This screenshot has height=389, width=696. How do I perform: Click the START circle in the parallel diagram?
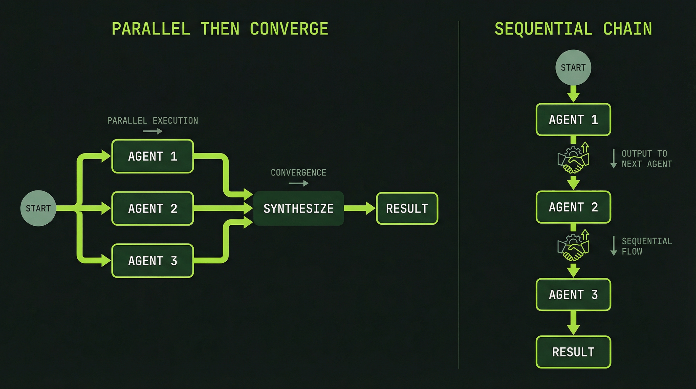38,208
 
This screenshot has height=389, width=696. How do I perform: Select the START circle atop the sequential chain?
573,67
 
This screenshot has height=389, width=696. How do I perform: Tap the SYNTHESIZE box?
298,208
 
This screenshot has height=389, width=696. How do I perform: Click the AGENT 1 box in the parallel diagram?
153,156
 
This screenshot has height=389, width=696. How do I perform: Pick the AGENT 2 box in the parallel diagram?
153,208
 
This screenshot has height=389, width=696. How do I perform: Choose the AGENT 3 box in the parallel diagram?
153,261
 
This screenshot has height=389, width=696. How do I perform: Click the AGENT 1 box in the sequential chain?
573,119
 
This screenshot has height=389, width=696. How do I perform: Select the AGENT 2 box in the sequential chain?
573,207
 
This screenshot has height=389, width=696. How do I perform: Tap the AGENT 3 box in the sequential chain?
573,294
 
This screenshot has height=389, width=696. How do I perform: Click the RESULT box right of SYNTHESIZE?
407,208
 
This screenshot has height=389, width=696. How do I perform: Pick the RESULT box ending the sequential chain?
573,352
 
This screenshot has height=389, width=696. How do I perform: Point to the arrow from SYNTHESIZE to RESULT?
359,208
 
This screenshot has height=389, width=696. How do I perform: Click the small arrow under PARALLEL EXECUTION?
153,131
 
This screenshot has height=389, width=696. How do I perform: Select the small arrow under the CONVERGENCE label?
298,183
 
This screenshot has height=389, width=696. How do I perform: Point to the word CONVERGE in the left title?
289,29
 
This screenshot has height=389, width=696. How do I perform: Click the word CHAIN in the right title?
627,29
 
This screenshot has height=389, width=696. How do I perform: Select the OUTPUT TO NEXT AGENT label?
646,159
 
